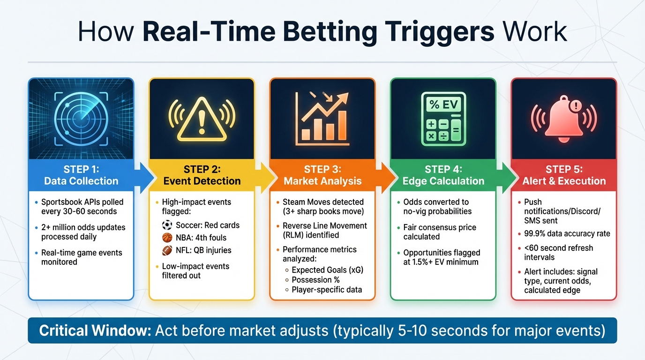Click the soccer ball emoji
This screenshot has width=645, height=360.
(168, 225)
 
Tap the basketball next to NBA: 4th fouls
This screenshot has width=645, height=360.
(168, 238)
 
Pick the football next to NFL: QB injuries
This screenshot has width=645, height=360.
(168, 250)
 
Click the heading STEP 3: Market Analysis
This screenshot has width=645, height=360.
(322, 175)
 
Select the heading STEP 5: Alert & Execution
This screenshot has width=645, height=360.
(564, 175)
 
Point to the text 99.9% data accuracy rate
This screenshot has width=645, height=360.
(563, 234)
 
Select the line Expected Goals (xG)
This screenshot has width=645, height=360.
(327, 270)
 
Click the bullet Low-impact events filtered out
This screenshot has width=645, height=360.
(195, 271)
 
